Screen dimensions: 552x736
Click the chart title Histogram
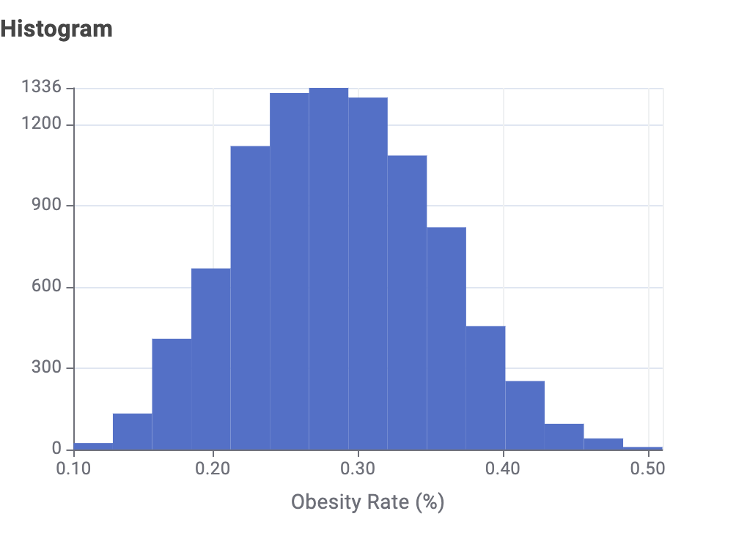56,29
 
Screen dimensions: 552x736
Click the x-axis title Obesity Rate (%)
367,502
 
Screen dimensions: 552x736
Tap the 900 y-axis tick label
49,206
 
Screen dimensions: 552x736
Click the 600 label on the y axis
49,287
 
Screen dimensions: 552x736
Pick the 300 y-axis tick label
49,368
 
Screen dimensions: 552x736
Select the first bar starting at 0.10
93,446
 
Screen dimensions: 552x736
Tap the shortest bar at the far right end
643,447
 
